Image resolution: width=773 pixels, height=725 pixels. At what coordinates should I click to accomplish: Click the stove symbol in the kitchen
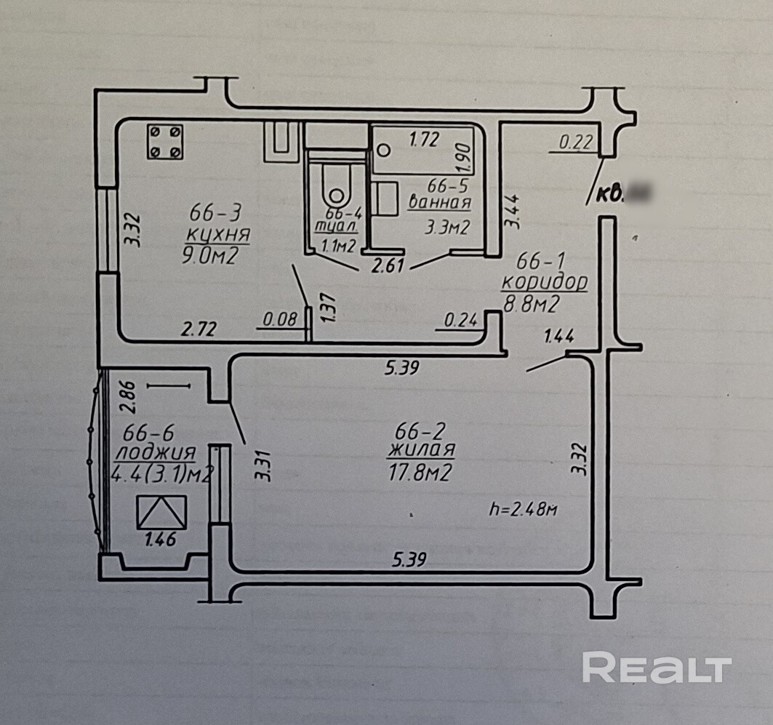pos(164,141)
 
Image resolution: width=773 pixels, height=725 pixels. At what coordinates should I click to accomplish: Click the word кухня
pos(218,234)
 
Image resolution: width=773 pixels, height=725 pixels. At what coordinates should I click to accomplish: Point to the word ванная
pos(440,203)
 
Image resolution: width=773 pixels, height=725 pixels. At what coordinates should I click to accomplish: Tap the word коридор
pos(546,282)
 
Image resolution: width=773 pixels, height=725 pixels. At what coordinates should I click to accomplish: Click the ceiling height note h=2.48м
pos(524,510)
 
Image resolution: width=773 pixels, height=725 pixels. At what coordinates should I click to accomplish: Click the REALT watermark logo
pos(657,668)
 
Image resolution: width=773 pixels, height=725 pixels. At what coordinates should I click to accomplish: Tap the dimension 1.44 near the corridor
pos(559,336)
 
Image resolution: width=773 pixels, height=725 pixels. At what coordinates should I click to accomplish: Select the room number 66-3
pos(215,213)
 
